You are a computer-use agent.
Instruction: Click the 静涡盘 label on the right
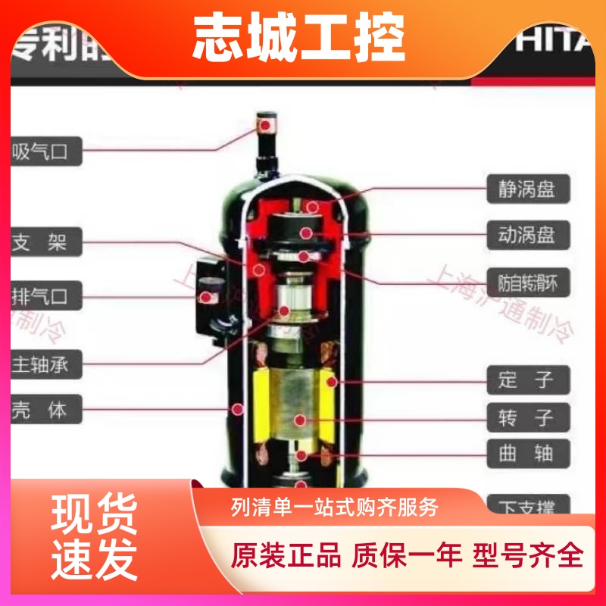tap(527, 189)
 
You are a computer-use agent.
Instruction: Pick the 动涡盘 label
tap(527, 234)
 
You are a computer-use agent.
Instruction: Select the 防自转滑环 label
tap(527, 282)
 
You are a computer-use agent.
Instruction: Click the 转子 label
tap(527, 417)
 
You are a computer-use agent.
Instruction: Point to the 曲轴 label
tap(527, 454)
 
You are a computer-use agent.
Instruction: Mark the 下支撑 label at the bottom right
tap(527, 503)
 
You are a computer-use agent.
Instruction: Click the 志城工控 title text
tap(298, 38)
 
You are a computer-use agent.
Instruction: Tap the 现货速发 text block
tap(94, 536)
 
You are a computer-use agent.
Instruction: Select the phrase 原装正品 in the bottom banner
tap(286, 555)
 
